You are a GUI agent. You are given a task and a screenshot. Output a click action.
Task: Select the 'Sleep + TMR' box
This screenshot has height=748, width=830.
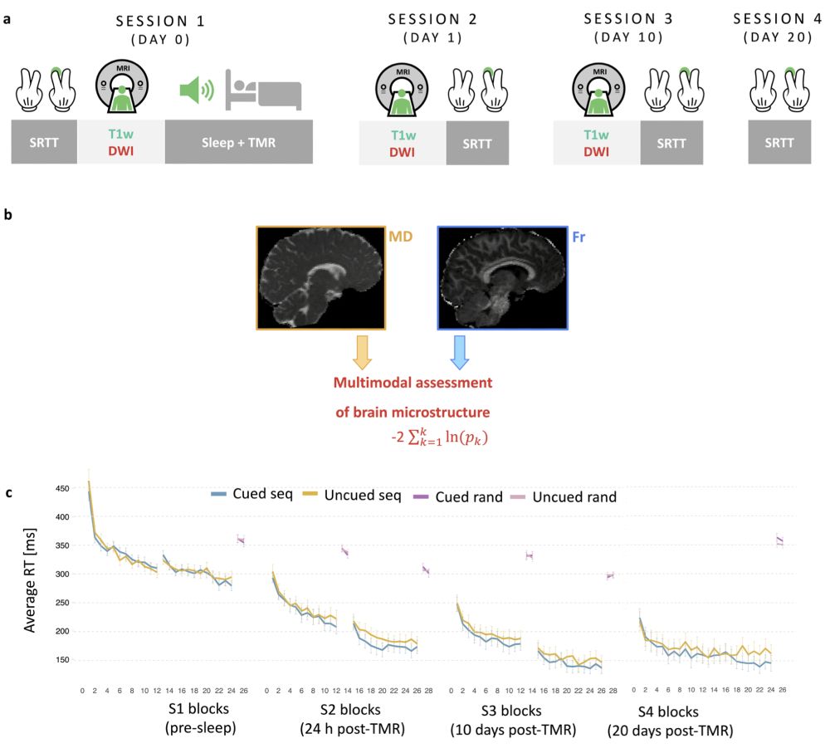(238, 141)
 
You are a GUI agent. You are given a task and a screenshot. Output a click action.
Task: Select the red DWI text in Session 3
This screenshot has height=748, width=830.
(596, 151)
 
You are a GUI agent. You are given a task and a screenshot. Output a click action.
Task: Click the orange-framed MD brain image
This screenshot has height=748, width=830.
(320, 278)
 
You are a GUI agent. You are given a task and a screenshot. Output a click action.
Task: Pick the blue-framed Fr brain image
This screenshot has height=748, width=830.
(501, 278)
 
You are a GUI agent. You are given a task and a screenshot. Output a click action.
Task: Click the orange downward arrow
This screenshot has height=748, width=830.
(362, 352)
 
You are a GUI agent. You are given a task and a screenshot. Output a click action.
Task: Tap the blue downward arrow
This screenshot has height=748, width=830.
(460, 352)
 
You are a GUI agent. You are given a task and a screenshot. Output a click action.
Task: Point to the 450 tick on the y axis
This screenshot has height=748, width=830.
(62, 488)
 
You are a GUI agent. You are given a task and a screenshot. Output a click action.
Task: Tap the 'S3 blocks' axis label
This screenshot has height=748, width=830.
(511, 711)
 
